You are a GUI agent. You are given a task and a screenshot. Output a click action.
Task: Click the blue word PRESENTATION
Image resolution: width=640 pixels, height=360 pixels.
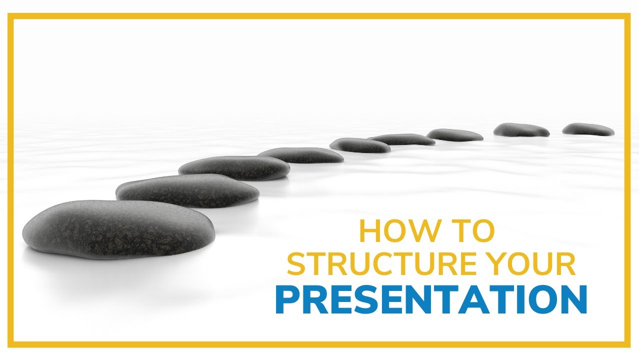[431, 299]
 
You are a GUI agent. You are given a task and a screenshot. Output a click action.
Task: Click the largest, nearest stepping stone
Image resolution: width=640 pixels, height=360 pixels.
[119, 228]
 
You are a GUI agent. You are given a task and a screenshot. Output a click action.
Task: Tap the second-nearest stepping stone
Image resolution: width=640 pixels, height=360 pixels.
[187, 190]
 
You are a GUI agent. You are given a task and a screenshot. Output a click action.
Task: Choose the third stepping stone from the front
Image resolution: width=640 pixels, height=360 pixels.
[234, 167]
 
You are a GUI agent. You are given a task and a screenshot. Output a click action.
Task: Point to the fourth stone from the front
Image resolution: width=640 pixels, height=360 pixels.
[300, 155]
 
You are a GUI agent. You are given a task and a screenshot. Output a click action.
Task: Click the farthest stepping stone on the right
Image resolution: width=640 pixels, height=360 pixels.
[588, 129]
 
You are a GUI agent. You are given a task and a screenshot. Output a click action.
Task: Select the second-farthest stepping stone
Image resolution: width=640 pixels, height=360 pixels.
[521, 130]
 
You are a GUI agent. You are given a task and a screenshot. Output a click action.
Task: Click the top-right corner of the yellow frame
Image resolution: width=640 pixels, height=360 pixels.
[628, 16]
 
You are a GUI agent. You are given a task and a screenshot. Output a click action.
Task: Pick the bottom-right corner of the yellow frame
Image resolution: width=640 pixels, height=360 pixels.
[628, 344]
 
